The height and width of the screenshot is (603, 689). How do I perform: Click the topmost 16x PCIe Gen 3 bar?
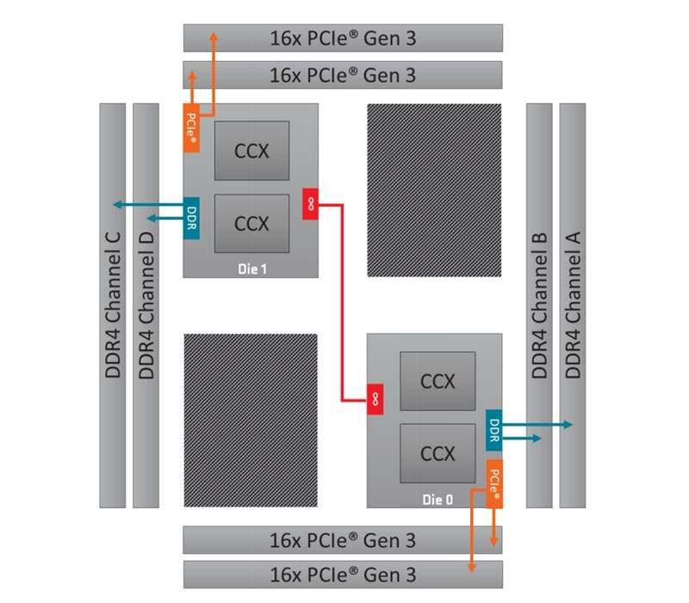[x=343, y=39]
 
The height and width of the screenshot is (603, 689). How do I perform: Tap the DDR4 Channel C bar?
[x=113, y=306]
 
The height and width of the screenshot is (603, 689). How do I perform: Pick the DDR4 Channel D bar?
[x=146, y=306]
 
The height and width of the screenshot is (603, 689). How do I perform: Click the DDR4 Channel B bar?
[x=539, y=306]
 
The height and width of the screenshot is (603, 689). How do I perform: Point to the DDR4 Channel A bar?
[x=573, y=306]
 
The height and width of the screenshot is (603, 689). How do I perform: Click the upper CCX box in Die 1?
[x=251, y=151]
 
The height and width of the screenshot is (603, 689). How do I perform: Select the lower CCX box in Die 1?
[x=251, y=223]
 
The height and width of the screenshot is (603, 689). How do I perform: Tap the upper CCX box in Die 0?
[x=438, y=380]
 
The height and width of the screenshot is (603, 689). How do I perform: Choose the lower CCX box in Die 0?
[x=438, y=452]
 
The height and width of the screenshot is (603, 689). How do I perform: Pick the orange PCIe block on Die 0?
[x=495, y=483]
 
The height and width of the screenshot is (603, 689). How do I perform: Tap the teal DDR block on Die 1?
[x=191, y=215]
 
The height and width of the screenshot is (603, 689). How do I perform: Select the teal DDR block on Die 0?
[x=494, y=428]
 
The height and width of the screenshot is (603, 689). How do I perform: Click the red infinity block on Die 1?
[x=310, y=204]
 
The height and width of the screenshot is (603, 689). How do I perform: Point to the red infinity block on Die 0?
[x=376, y=399]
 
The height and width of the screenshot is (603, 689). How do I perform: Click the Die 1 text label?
[x=252, y=269]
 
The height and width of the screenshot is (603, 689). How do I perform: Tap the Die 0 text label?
[x=438, y=499]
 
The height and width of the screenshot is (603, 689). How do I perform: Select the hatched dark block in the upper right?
[x=434, y=190]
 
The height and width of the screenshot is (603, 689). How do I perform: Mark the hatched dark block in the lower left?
[x=251, y=420]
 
